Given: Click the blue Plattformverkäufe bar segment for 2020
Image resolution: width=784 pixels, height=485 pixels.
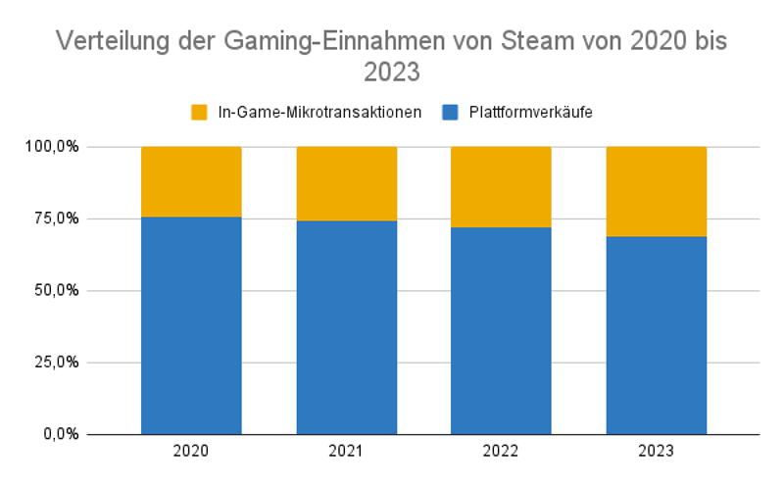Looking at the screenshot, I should [191, 325].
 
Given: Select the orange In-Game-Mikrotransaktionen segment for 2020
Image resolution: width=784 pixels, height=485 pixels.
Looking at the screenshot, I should [191, 181].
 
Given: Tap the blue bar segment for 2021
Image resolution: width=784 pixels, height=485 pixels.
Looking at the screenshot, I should [346, 327].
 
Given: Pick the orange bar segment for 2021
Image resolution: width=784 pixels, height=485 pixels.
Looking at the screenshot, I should [346, 183].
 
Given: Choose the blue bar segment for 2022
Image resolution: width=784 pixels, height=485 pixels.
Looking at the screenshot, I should [501, 330].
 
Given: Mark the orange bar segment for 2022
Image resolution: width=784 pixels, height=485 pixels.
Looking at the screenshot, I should [501, 187].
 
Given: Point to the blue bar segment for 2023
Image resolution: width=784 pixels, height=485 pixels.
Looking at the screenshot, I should [656, 335].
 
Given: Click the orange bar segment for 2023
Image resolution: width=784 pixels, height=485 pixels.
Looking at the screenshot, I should [656, 191].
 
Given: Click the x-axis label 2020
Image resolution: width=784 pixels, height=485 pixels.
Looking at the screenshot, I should [191, 452].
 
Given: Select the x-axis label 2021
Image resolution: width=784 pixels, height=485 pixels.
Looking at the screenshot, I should [346, 452].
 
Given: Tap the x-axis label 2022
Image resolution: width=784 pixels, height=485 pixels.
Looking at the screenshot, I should [501, 452].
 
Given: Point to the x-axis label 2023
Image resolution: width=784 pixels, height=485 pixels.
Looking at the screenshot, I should [656, 452].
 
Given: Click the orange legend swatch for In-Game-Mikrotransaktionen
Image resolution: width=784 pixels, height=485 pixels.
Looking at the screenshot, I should [200, 112].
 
